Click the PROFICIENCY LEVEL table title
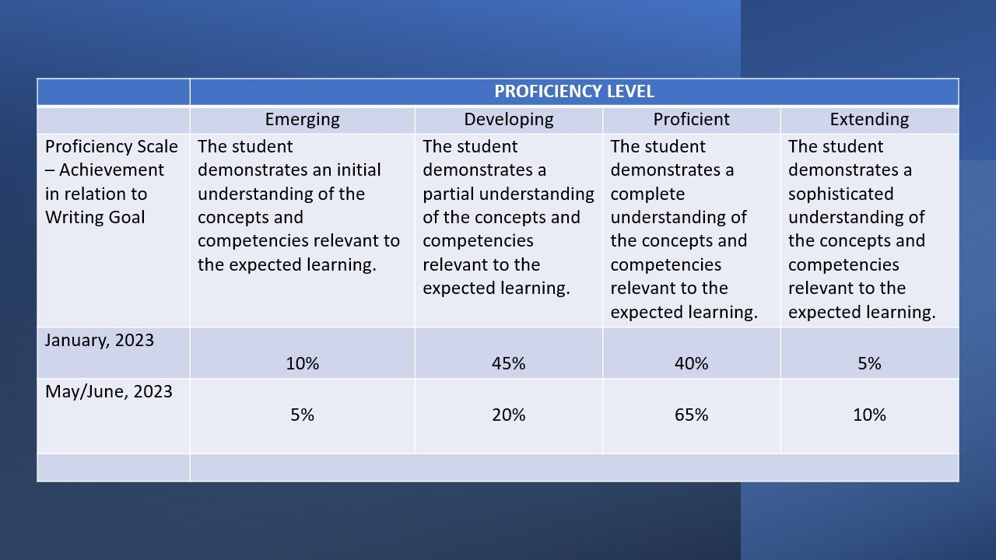574,92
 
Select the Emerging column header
303,120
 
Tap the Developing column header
509,120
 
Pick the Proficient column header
692,119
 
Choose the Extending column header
869,120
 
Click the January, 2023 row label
100,341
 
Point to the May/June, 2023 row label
108,391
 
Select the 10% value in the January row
303,363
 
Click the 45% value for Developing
509,363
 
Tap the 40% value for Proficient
692,363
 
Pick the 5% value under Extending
869,363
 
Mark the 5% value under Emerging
303,415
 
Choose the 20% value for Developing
509,415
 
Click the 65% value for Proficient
692,415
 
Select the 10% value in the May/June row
869,415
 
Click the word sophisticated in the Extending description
841,194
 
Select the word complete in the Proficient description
647,194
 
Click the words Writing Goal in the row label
95,218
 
